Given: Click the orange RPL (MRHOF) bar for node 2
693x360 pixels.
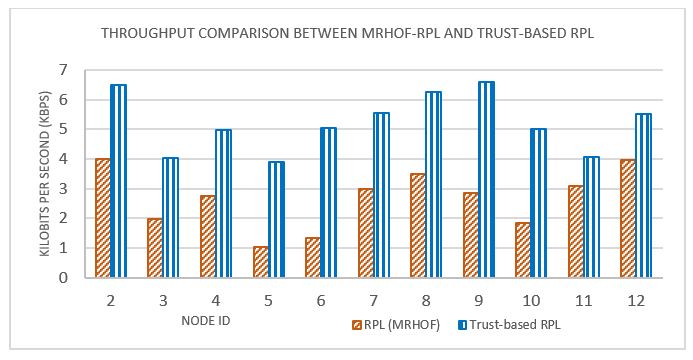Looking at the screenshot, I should pos(102,218).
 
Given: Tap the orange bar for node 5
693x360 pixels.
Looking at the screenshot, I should pos(261,262).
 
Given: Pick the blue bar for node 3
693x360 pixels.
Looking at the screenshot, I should pos(169,218).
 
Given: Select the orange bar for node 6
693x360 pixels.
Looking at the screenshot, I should pos(313,257).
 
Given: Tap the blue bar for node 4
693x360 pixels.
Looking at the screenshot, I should pos(222,204).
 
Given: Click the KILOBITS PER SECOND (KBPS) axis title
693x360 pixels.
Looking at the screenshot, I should pos(45,174).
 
